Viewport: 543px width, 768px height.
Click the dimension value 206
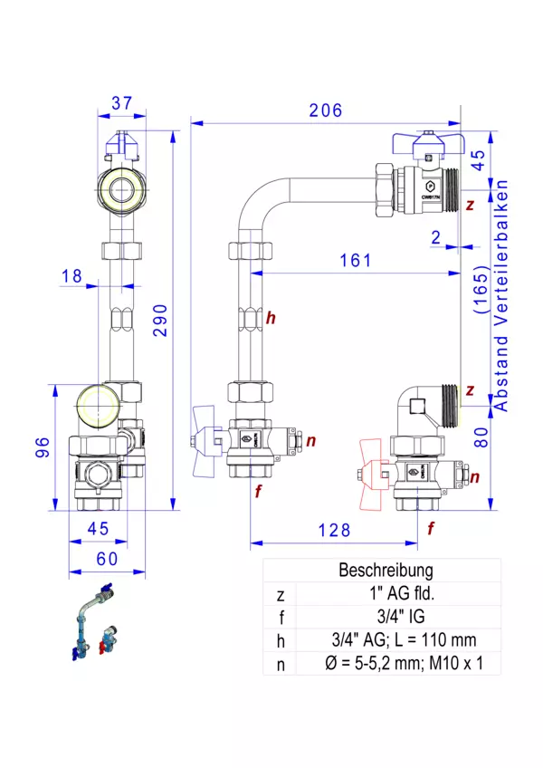pyautogui.click(x=326, y=110)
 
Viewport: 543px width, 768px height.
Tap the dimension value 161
pyautogui.click(x=355, y=261)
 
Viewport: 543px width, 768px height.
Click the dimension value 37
pyautogui.click(x=123, y=103)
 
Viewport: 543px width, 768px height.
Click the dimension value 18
pyautogui.click(x=73, y=275)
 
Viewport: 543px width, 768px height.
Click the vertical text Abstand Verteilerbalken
pyautogui.click(x=502, y=295)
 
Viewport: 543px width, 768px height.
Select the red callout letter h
pyautogui.click(x=270, y=318)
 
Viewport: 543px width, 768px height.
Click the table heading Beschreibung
pyautogui.click(x=386, y=571)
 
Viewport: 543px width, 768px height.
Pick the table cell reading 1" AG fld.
pyautogui.click(x=386, y=595)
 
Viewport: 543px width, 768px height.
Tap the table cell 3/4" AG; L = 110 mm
pyautogui.click(x=386, y=641)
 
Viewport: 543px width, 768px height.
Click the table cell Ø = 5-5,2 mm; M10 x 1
pyautogui.click(x=386, y=664)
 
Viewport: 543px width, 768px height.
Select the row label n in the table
pyautogui.click(x=280, y=664)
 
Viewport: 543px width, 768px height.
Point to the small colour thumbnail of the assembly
pyautogui.click(x=94, y=625)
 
